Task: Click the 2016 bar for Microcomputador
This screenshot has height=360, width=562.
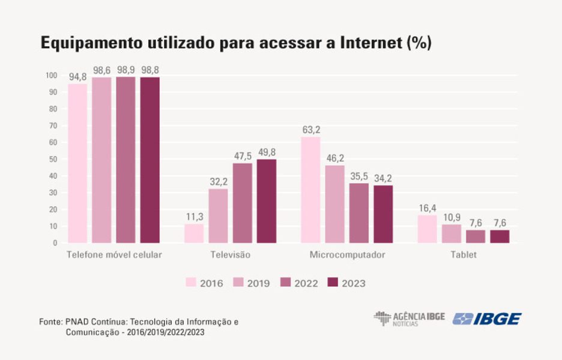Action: [310, 190]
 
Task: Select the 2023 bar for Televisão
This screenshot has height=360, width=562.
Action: [267, 201]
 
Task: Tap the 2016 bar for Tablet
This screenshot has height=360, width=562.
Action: [427, 229]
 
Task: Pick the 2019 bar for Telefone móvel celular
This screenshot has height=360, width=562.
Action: [101, 160]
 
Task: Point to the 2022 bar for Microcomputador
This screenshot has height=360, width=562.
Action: [359, 213]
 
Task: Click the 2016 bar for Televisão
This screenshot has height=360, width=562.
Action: [194, 233]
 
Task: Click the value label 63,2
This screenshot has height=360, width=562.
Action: [310, 130]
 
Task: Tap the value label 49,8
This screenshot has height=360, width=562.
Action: [267, 152]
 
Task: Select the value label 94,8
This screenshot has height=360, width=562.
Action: [77, 76]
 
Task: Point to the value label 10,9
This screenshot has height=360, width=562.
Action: [451, 217]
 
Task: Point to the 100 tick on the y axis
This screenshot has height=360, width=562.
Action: [51, 76]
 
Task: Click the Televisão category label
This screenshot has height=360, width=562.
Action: [230, 255]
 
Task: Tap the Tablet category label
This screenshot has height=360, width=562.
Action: [464, 255]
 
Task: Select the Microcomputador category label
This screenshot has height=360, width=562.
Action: [347, 255]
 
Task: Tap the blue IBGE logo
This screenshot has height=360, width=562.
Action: [487, 319]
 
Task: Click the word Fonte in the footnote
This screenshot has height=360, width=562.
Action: [50, 322]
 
